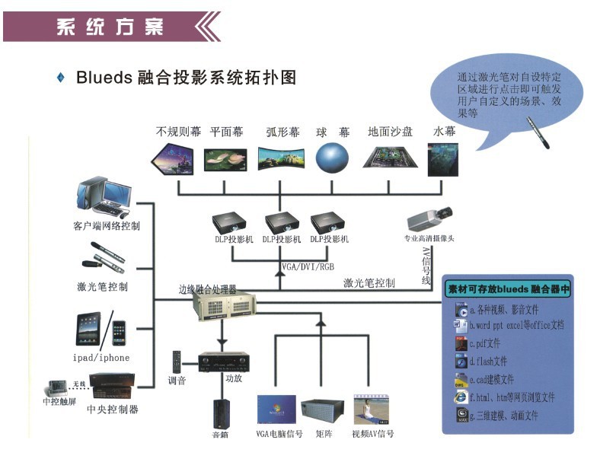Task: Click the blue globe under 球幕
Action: (332, 158)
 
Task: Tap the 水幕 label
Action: (444, 132)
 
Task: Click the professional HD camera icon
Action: (429, 219)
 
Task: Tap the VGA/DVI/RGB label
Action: (308, 267)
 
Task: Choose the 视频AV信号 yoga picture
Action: (372, 409)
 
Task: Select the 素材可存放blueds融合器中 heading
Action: (508, 289)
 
